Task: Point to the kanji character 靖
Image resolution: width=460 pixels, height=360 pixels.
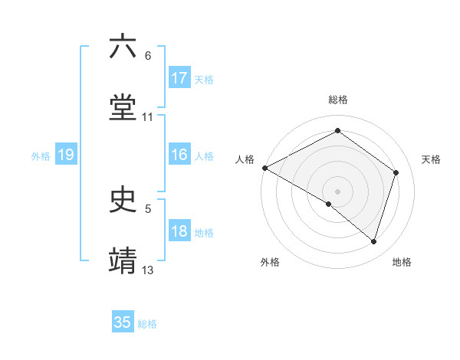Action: pos(123,260)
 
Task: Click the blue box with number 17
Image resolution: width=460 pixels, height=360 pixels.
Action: pos(179,78)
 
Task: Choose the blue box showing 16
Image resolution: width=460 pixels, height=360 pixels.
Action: pos(179,155)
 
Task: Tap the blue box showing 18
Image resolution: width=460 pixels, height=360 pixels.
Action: pos(179,231)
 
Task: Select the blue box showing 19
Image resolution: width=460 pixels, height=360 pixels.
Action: pos(65,155)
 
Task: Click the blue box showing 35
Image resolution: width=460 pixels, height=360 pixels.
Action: pos(123,322)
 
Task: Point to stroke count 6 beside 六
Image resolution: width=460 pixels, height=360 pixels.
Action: pos(148,56)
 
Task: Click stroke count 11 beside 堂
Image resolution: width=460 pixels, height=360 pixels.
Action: pos(148,116)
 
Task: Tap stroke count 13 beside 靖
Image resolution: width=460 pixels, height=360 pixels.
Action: pos(148,270)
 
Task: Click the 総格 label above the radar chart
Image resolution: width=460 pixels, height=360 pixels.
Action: pos(338,100)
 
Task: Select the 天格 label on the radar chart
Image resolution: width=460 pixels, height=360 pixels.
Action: pos(432,159)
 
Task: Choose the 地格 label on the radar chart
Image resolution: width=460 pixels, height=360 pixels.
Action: pos(402,262)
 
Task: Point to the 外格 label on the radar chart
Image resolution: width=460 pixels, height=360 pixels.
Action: pos(270,262)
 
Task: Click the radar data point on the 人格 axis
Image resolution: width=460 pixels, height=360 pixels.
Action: pos(264,168)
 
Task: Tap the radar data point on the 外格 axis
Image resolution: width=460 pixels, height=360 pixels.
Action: pos(329,204)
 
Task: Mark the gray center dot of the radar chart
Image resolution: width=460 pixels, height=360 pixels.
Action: pos(337,191)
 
